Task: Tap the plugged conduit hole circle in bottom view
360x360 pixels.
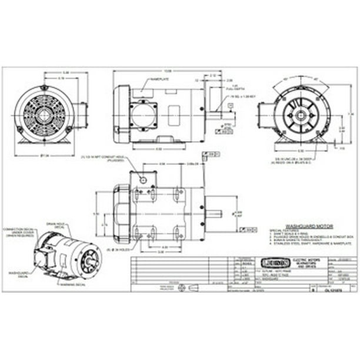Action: (x=142, y=178)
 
